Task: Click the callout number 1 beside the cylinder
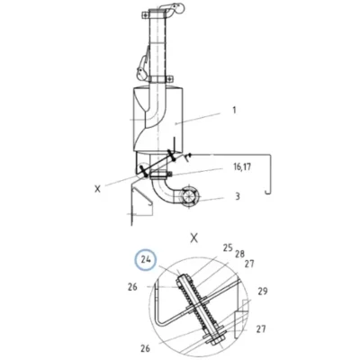point(234,110)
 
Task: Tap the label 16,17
point(242,166)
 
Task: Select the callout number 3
point(238,196)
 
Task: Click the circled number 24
point(146,259)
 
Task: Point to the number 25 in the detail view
point(228,247)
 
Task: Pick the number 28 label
point(239,254)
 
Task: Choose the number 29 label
point(263,291)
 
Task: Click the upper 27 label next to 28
point(249,264)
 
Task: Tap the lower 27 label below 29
point(261,328)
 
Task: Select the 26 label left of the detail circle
point(132,287)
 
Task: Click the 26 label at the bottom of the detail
point(145,348)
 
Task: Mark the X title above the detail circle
point(194,238)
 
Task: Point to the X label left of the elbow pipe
point(97,189)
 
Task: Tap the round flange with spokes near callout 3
point(188,197)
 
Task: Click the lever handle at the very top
point(175,9)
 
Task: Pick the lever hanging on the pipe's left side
point(143,67)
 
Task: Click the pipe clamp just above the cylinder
point(160,79)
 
